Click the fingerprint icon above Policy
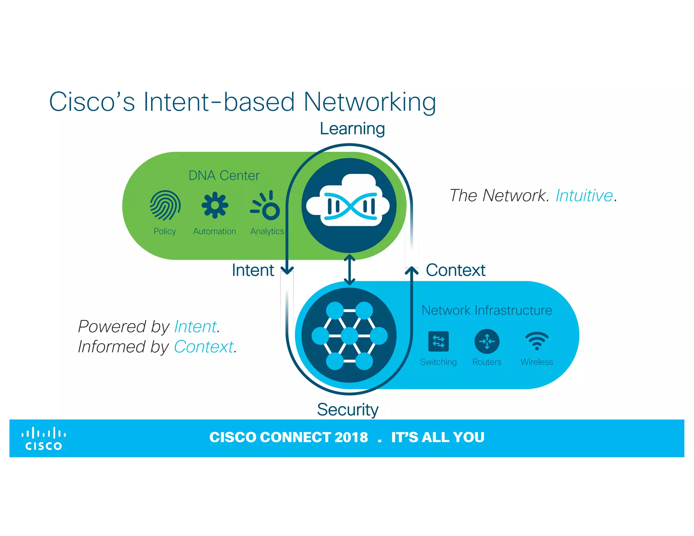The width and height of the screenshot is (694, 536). [165, 205]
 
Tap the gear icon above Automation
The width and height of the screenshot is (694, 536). [215, 205]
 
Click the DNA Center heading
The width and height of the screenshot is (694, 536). [224, 176]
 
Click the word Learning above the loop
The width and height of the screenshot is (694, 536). [352, 129]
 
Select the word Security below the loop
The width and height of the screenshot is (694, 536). [347, 409]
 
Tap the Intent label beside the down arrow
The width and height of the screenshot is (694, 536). [253, 270]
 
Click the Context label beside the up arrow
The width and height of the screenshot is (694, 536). [455, 270]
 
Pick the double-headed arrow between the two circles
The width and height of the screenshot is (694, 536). [349, 270]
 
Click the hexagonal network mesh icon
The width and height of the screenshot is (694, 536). [349, 335]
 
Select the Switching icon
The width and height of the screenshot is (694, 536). [438, 341]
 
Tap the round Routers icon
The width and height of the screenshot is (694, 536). [487, 341]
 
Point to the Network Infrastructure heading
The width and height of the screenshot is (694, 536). [487, 310]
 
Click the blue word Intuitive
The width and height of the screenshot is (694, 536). [584, 196]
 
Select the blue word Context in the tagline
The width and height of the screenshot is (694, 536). [204, 347]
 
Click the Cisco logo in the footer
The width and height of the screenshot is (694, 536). [44, 439]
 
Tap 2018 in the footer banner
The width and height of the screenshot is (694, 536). [351, 437]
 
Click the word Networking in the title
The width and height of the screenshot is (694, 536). [369, 102]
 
